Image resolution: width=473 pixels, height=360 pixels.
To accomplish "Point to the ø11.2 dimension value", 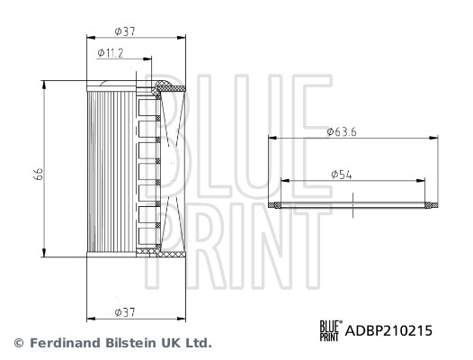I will pyautogui.click(x=111, y=54).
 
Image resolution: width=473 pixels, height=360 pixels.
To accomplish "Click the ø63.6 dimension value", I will pyautogui.click(x=342, y=131).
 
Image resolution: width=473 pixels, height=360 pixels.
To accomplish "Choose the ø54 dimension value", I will pyautogui.click(x=341, y=172).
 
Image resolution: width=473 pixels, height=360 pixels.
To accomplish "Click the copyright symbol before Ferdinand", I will pyautogui.click(x=17, y=344).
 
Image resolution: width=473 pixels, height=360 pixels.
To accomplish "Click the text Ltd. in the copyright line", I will pyautogui.click(x=197, y=344).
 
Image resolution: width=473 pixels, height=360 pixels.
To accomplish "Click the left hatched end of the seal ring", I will pyautogui.click(x=275, y=206).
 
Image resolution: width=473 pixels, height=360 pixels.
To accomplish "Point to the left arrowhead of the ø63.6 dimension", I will pyautogui.click(x=272, y=139).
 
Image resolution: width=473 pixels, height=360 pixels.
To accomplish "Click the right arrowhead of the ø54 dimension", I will pyautogui.click(x=424, y=179).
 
